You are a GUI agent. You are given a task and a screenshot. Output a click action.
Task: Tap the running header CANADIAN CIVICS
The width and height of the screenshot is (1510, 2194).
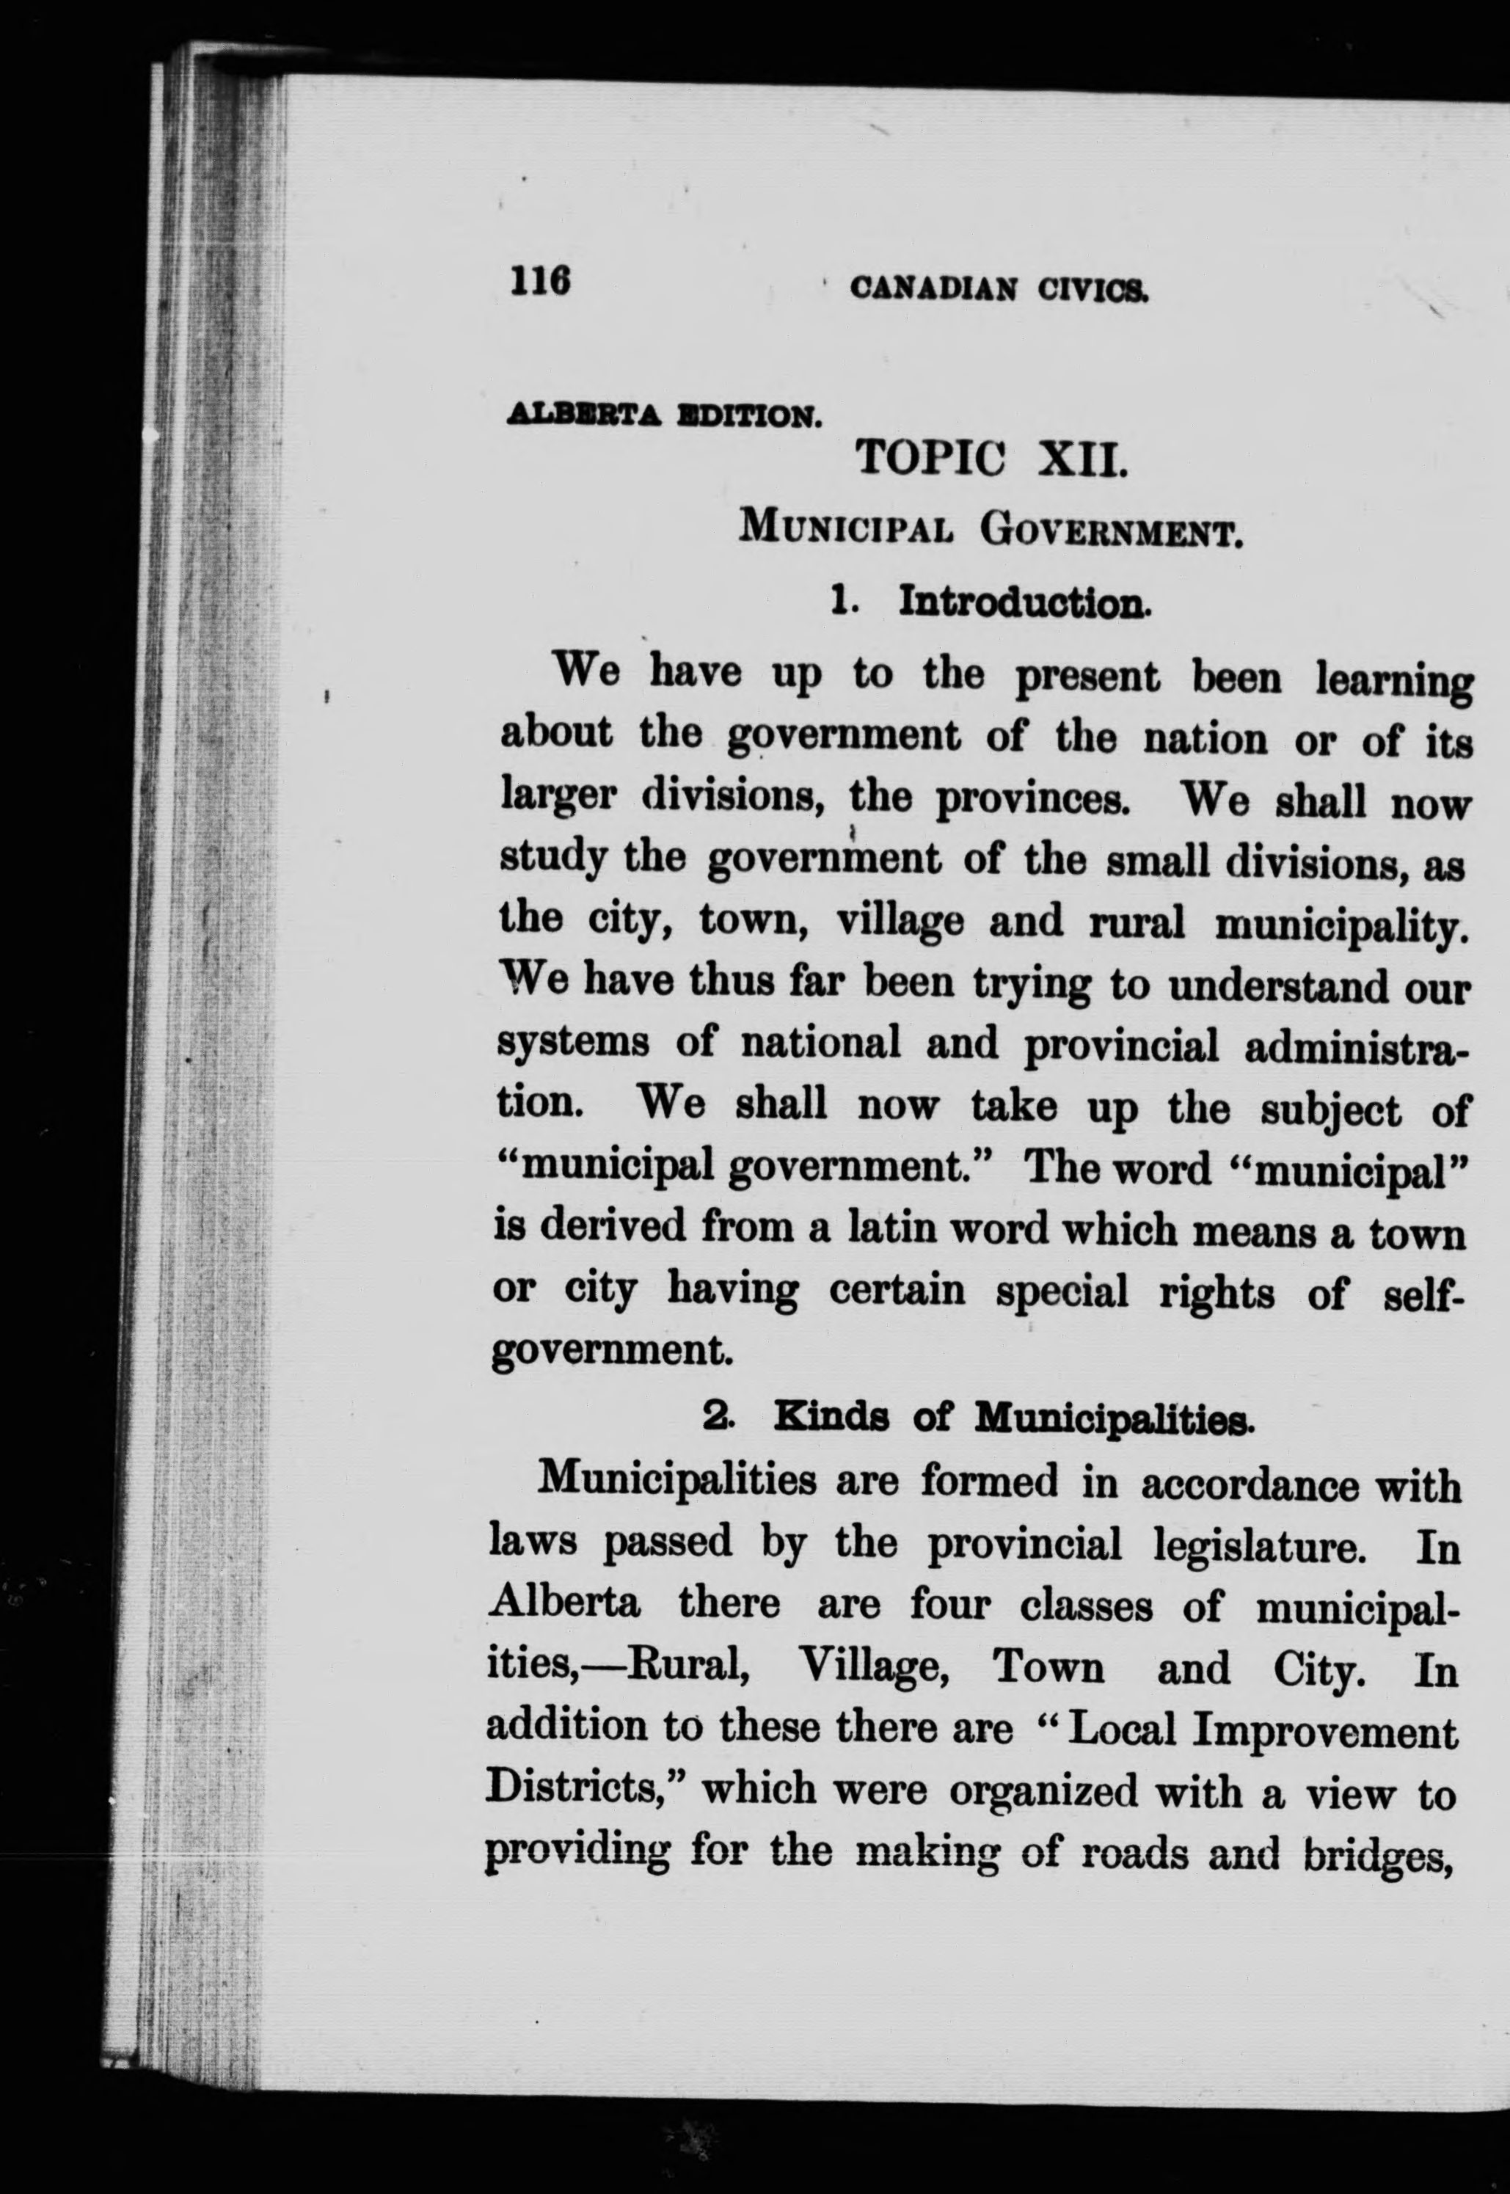pos(999,288)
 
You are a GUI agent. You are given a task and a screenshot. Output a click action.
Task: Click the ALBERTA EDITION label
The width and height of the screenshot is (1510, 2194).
pos(663,415)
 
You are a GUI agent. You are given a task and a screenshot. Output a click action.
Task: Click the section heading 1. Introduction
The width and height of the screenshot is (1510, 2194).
pos(990,601)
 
